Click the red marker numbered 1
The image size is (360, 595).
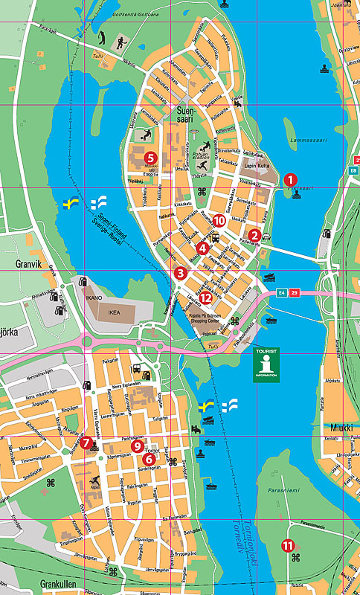[290, 179]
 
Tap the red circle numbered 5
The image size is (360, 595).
[150, 157]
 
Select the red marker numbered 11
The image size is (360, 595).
[288, 545]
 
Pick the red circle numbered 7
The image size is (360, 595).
[86, 443]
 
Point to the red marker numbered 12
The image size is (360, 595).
[206, 297]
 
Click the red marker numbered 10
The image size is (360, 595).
[219, 220]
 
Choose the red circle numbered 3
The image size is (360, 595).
[180, 273]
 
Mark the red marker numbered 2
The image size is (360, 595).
[254, 236]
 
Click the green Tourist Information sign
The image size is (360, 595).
[266, 364]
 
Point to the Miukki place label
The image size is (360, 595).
[341, 428]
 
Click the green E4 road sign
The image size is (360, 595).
[281, 292]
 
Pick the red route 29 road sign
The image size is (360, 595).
[294, 292]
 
